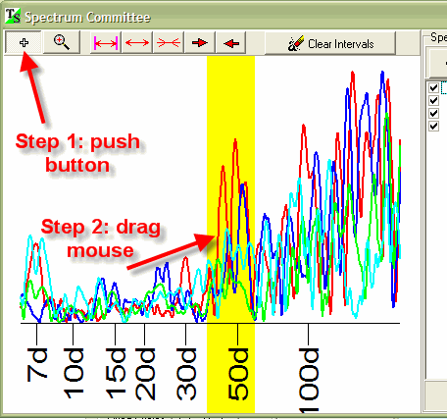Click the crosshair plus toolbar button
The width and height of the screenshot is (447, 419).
(24, 42)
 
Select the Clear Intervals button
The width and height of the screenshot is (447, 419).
(330, 43)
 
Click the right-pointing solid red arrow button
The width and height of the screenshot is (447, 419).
(200, 43)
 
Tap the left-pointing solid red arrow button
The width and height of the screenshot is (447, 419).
(231, 43)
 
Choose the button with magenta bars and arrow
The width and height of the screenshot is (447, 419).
(106, 43)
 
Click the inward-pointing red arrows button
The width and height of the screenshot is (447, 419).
(169, 43)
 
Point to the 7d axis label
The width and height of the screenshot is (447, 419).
(37, 365)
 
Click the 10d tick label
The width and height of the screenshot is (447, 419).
(74, 373)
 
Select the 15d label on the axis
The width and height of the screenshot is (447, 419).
(116, 373)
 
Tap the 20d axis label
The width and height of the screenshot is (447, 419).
(145, 374)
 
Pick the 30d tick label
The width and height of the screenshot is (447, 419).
(186, 374)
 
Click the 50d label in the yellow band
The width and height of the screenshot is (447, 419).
(238, 374)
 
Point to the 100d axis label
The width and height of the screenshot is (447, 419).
(309, 380)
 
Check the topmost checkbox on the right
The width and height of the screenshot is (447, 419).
(433, 87)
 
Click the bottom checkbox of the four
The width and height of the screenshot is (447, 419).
(433, 126)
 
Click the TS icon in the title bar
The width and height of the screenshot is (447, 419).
(13, 16)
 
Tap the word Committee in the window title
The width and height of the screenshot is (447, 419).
(119, 17)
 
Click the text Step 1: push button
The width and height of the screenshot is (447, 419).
(77, 153)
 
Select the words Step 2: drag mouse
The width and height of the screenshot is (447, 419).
(101, 238)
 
